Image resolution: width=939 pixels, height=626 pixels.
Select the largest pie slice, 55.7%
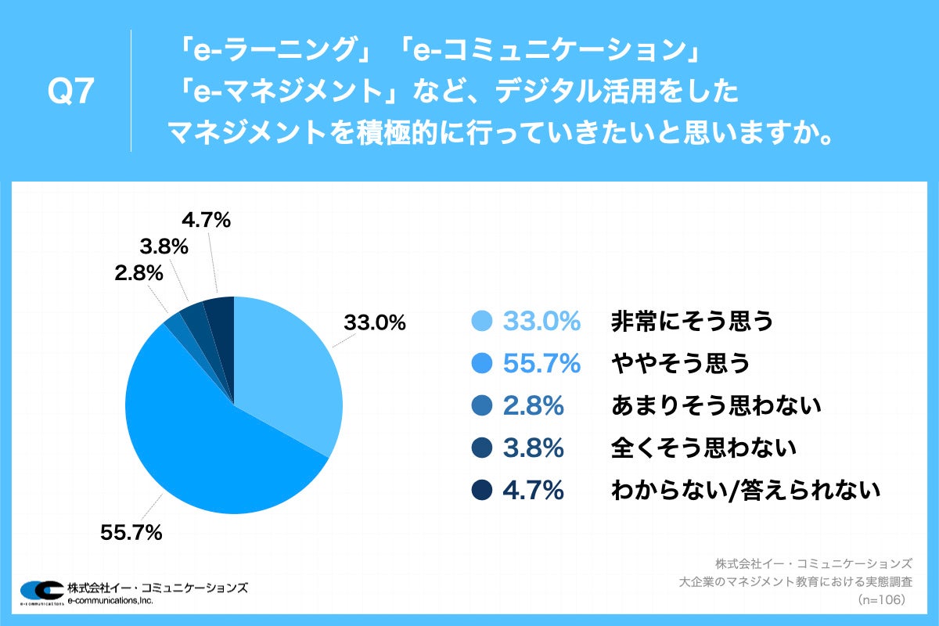click(x=203, y=438)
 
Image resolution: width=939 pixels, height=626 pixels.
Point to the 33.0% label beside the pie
click(x=374, y=322)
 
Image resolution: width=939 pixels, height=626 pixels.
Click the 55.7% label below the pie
click(x=131, y=533)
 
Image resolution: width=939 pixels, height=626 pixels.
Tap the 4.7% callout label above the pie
click(x=206, y=221)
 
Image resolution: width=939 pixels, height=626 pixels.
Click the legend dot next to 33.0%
click(x=482, y=321)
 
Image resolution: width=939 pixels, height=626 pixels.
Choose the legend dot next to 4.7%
click(x=482, y=491)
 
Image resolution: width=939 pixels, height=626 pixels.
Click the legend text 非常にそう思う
click(x=692, y=321)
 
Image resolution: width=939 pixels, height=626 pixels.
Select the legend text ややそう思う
click(x=680, y=363)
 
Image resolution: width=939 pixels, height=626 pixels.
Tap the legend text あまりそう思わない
click(x=715, y=405)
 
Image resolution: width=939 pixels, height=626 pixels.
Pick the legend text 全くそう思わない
click(x=703, y=448)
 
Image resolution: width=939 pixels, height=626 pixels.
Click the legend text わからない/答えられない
click(x=746, y=491)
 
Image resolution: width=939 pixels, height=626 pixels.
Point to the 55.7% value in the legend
click(x=541, y=363)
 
